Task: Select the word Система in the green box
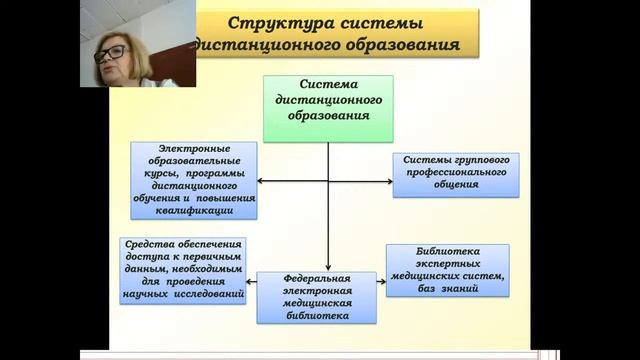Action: (x=328, y=85)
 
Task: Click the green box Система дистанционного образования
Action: (x=328, y=107)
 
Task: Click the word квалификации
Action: (x=193, y=211)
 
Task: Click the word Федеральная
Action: (x=317, y=277)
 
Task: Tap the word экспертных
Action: (x=447, y=263)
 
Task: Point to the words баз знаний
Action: (x=447, y=288)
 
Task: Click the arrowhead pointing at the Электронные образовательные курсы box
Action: (x=261, y=181)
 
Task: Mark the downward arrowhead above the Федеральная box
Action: (x=328, y=267)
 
